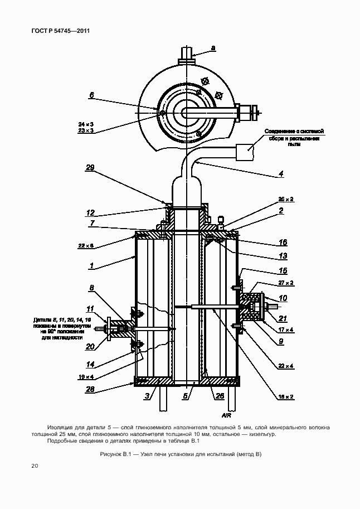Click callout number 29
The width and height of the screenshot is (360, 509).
pyautogui.click(x=90, y=167)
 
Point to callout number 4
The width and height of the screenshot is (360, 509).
pyautogui.click(x=281, y=174)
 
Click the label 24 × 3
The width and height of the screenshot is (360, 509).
pyautogui.click(x=85, y=123)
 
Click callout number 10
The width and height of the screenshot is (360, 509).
pyautogui.click(x=283, y=298)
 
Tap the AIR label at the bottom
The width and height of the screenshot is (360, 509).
pyautogui.click(x=226, y=415)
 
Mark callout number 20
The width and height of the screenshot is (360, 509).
pyautogui.click(x=91, y=346)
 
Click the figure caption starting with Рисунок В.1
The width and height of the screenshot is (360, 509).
pyautogui.click(x=179, y=454)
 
